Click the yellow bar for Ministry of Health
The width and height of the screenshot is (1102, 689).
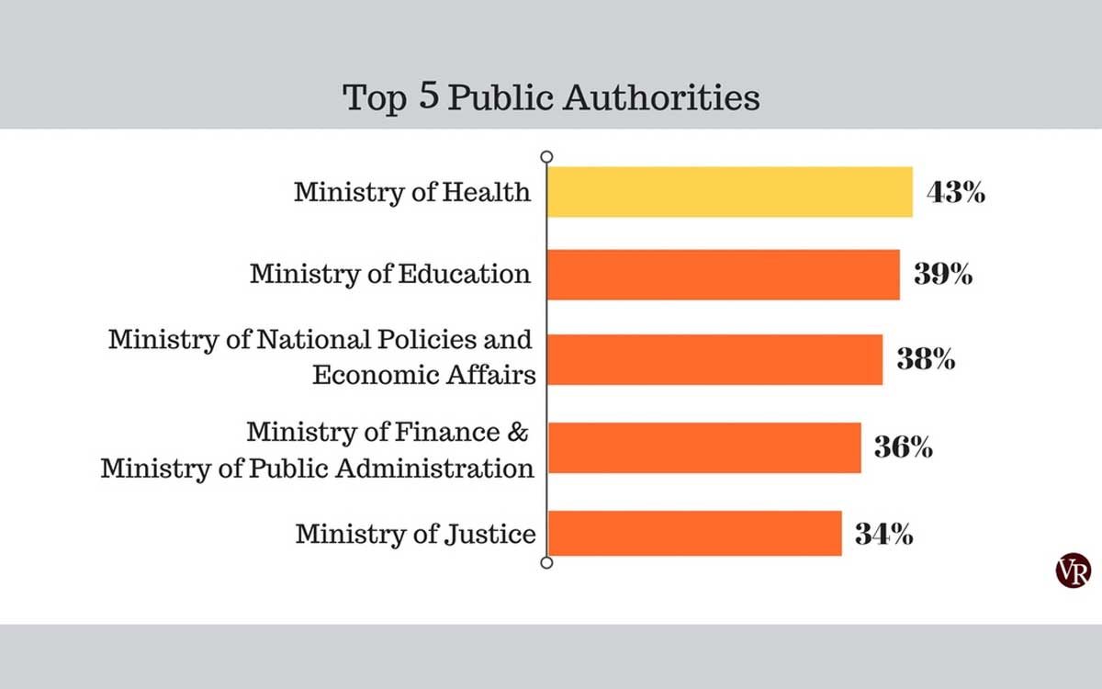click(x=730, y=192)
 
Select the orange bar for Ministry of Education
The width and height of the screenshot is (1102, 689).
click(x=724, y=275)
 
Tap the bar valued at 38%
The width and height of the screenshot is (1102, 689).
click(x=714, y=359)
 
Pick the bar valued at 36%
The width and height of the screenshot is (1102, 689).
click(x=704, y=447)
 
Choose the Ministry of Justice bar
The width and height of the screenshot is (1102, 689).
click(x=694, y=533)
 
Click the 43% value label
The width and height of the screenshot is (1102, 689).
click(x=956, y=193)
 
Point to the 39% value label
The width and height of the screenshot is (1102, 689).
click(x=942, y=275)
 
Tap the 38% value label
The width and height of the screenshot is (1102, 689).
click(x=925, y=359)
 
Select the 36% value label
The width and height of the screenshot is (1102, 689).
click(x=904, y=448)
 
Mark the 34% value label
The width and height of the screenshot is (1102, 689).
click(x=883, y=534)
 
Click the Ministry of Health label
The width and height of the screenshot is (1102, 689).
click(x=412, y=192)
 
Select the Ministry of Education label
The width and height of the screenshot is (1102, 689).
click(x=390, y=274)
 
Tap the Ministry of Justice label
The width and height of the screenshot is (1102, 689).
click(x=415, y=534)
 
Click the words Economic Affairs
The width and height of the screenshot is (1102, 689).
click(x=423, y=374)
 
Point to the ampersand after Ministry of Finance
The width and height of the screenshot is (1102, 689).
click(x=517, y=431)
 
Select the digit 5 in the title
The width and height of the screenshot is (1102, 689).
click(x=428, y=96)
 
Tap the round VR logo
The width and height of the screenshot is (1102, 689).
click(x=1073, y=570)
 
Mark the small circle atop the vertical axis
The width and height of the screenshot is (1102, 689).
click(x=547, y=157)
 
